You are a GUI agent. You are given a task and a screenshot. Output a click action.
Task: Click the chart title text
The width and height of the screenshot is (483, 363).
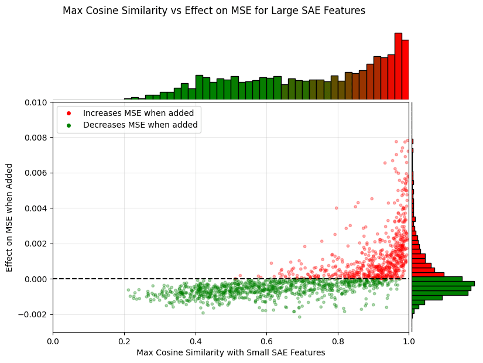pos(214,11)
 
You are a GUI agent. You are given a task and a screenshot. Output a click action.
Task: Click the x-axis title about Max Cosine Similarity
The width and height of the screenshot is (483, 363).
pos(231,352)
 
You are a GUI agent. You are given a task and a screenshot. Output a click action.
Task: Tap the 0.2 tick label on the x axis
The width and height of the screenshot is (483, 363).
pos(124,340)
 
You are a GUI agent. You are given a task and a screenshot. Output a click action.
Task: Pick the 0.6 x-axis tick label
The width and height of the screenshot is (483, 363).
pos(266,340)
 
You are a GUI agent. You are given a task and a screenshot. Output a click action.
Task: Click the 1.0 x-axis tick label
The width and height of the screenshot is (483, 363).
pos(409,340)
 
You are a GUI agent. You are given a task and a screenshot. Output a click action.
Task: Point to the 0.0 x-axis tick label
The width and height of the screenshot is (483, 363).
pos(53,340)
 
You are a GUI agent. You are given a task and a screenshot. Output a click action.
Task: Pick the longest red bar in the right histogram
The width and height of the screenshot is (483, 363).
pos(427,274)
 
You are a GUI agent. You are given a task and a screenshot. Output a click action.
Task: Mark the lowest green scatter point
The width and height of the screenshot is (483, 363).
pos(299,317)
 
